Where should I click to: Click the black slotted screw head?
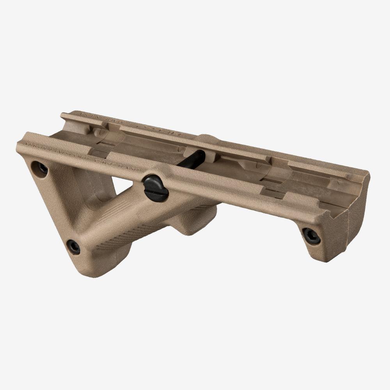pos(156,188)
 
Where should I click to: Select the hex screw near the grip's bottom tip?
pos(73,246)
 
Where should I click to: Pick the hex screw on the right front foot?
pos(311,236)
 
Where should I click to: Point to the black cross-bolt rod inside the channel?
pos(193,159)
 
